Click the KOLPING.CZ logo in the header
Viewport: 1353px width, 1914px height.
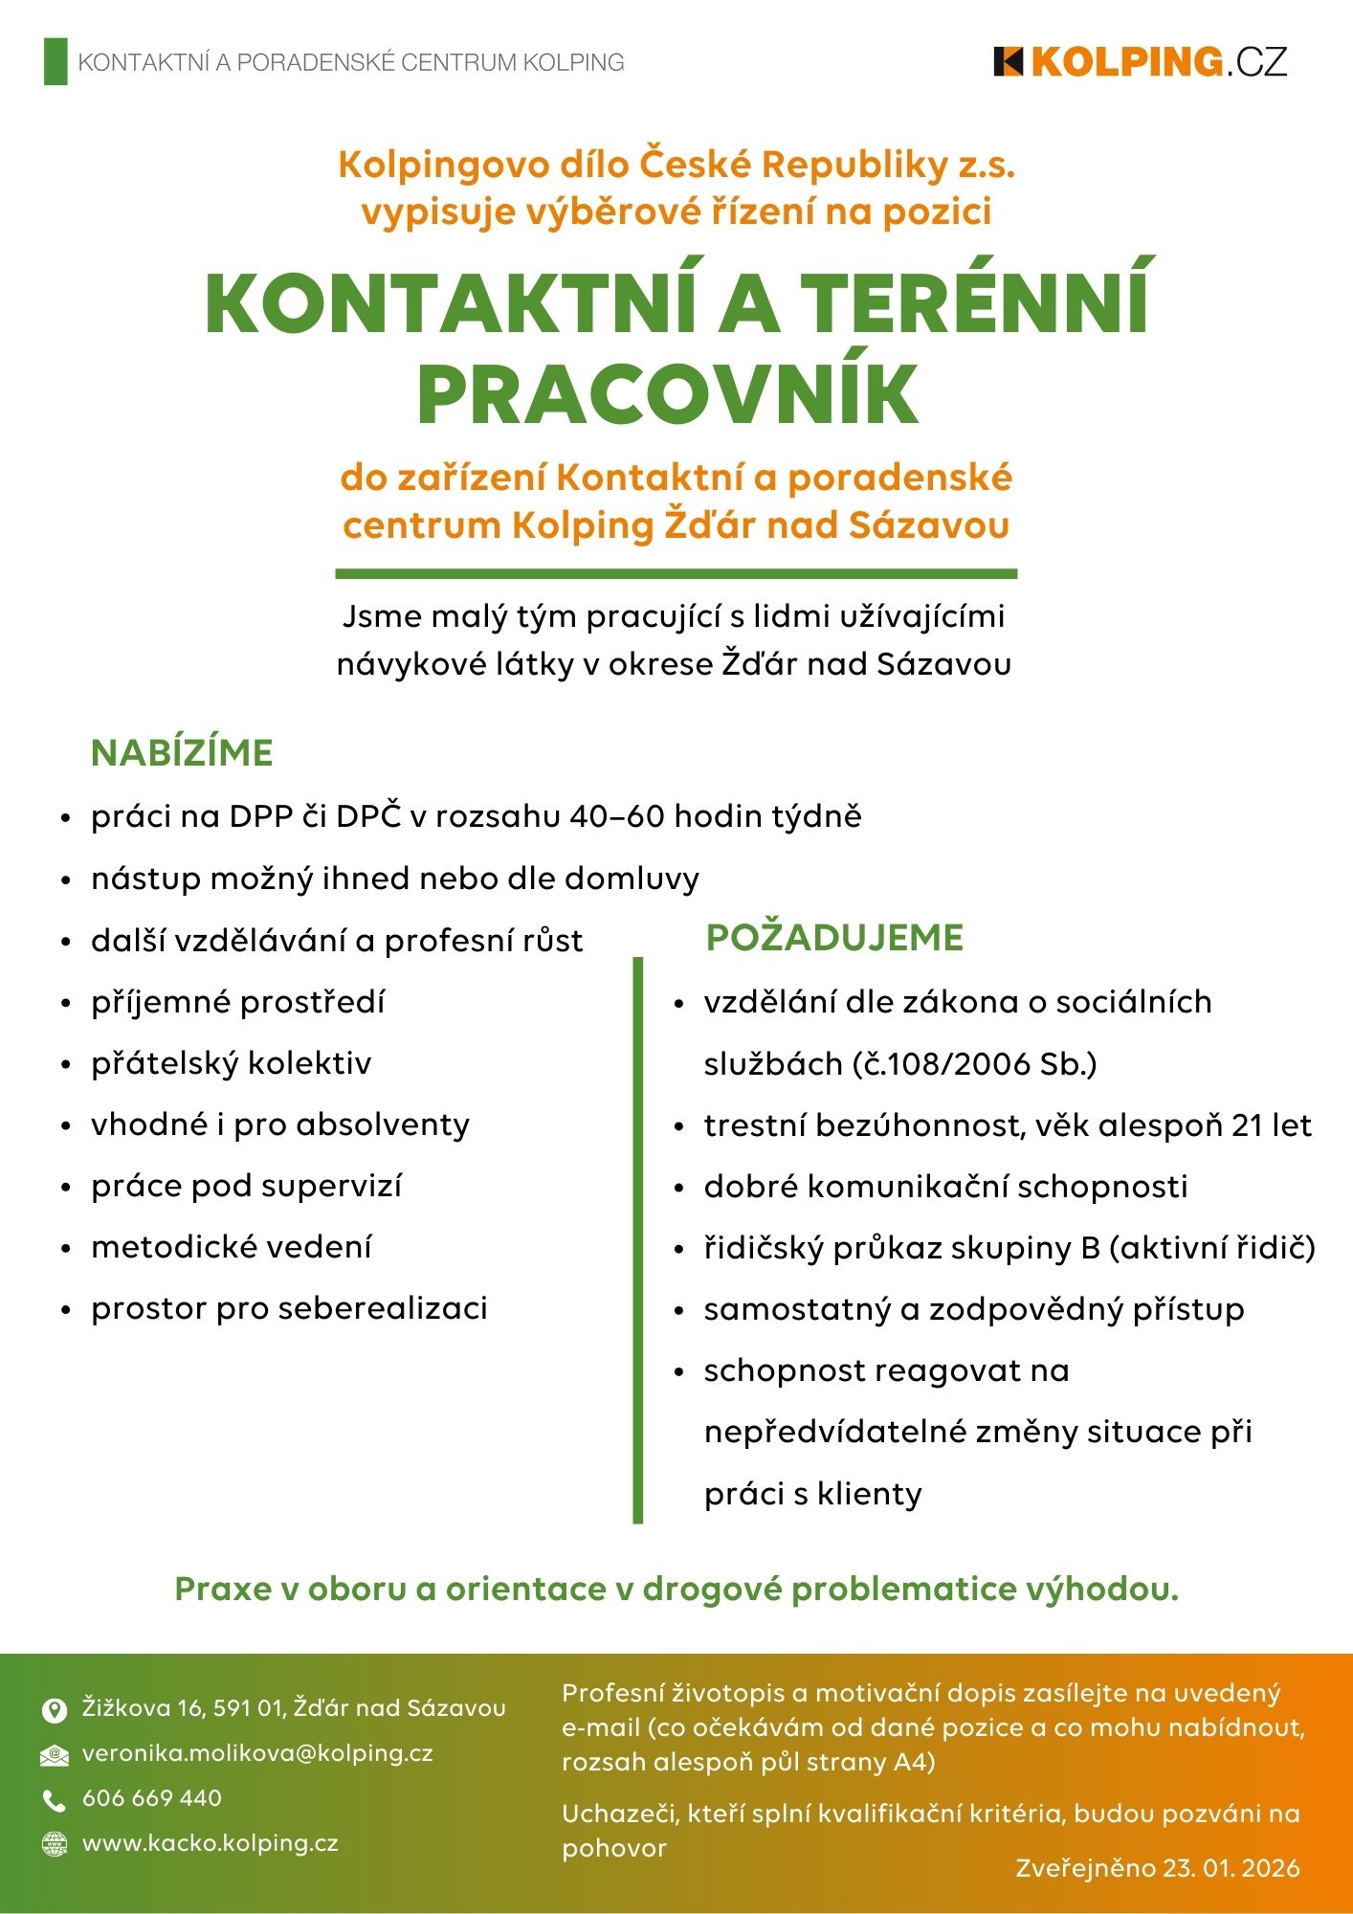pyautogui.click(x=1141, y=62)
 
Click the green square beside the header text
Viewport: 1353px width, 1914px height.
pyautogui.click(x=55, y=62)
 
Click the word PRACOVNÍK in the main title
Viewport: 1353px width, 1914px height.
pyautogui.click(x=668, y=393)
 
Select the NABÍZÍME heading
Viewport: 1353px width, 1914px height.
pyautogui.click(x=182, y=753)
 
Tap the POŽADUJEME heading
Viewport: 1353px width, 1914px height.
pyautogui.click(x=834, y=938)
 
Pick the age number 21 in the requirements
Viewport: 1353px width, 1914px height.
pyautogui.click(x=1247, y=1125)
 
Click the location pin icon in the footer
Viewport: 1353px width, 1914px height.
pyautogui.click(x=55, y=1710)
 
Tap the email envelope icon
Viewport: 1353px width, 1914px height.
pyautogui.click(x=55, y=1755)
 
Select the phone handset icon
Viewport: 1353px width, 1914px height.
pyautogui.click(x=55, y=1800)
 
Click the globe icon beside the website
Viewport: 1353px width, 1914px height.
pyautogui.click(x=55, y=1844)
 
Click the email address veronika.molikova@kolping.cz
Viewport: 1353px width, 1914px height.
pyautogui.click(x=257, y=1753)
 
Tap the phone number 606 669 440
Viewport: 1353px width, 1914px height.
pyautogui.click(x=152, y=1798)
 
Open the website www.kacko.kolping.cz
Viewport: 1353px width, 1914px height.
pyautogui.click(x=211, y=1843)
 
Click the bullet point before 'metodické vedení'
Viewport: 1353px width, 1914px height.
pyautogui.click(x=66, y=1249)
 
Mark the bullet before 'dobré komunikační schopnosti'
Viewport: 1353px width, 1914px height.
pyautogui.click(x=679, y=1189)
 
